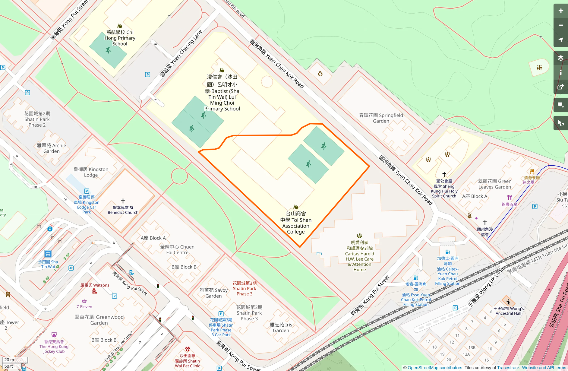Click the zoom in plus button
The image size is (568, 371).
pos(560,11)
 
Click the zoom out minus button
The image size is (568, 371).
pos(560,25)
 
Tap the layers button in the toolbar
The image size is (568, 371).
pos(560,58)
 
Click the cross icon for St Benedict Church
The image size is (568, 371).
pos(123,201)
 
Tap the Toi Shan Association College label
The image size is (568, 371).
pos(296,223)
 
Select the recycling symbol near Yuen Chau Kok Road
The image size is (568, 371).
pos(320,74)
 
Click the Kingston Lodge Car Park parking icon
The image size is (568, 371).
pos(87,191)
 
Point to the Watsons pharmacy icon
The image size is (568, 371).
pos(94,291)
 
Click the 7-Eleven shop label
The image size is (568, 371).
pos(84,306)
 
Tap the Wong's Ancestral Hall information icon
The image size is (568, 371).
pos(508,302)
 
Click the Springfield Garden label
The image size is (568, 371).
pos(381,118)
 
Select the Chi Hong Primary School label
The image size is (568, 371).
pos(120,38)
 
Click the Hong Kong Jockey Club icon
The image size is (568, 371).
pos(54,335)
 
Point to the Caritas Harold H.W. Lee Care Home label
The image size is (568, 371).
pos(359,256)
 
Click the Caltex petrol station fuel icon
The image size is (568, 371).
pos(447,252)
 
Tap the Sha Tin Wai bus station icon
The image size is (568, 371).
pos(48,254)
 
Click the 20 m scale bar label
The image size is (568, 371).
pos(9,360)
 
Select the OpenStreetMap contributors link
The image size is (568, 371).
pos(435,368)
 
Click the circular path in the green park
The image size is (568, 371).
pos(179,176)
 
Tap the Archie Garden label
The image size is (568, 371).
pos(51,148)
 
